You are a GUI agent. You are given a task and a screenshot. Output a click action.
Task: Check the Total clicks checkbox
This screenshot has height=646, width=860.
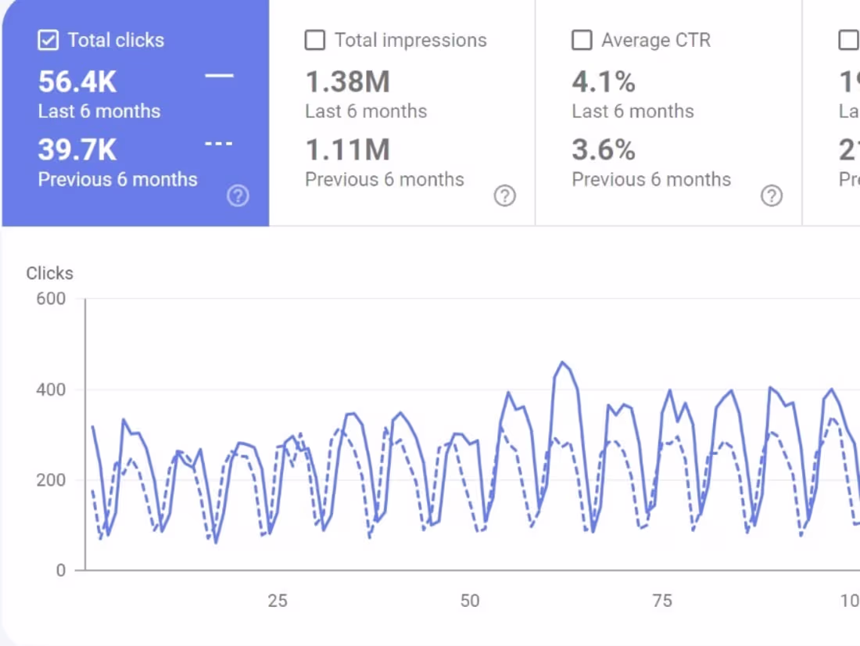click(x=48, y=41)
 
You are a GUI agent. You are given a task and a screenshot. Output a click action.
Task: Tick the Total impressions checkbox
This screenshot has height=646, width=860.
click(x=315, y=41)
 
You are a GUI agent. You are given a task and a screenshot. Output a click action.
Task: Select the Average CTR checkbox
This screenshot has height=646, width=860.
click(x=582, y=41)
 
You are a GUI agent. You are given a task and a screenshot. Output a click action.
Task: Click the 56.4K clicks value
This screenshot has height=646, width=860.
click(x=77, y=82)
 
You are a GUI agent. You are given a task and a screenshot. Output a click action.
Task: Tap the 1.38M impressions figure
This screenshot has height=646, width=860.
click(x=347, y=82)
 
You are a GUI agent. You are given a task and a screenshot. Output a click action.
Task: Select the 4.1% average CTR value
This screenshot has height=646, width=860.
click(x=604, y=82)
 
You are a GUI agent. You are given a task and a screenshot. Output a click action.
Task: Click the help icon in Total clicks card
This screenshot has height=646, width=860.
click(x=238, y=196)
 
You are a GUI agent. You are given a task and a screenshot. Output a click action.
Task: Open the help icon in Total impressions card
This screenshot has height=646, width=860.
click(x=505, y=196)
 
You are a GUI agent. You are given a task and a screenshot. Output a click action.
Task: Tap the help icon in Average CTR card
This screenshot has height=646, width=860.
click(x=772, y=196)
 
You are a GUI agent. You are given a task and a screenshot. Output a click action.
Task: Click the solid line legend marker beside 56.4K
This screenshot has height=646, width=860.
click(x=219, y=76)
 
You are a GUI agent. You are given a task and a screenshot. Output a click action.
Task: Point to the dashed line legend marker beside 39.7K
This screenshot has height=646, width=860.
click(x=219, y=144)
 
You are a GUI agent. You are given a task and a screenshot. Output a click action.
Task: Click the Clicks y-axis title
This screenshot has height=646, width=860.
click(x=49, y=273)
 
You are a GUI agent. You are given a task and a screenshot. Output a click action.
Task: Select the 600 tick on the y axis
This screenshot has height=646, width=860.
click(x=52, y=299)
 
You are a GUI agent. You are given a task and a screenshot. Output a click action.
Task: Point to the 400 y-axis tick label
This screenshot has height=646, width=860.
click(x=52, y=389)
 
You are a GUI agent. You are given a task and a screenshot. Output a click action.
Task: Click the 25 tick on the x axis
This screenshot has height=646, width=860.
click(x=278, y=601)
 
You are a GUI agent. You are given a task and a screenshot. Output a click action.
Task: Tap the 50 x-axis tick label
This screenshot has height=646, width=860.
click(x=470, y=601)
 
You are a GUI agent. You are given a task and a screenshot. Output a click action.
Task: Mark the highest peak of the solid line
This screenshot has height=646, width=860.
click(x=562, y=362)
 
